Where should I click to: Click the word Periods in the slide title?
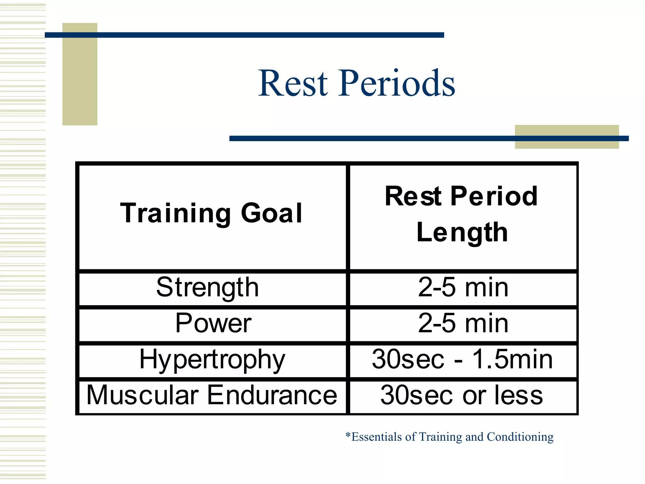tap(397, 83)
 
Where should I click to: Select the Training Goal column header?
tap(212, 213)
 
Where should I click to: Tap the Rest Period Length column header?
tap(462, 214)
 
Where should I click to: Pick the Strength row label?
tap(208, 287)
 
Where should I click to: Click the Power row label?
tap(213, 323)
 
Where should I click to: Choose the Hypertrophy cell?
tap(212, 360)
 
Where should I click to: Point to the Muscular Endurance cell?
tap(212, 395)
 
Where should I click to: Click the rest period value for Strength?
tap(463, 287)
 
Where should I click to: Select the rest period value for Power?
tap(463, 323)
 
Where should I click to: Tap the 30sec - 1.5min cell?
tap(462, 360)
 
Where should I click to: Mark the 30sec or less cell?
tap(462, 395)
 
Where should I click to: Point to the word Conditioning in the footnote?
tap(520, 437)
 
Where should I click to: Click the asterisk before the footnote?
tap(348, 435)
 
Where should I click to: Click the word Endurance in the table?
tap(272, 395)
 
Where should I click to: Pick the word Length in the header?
tap(462, 233)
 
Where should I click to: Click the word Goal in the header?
tap(271, 213)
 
